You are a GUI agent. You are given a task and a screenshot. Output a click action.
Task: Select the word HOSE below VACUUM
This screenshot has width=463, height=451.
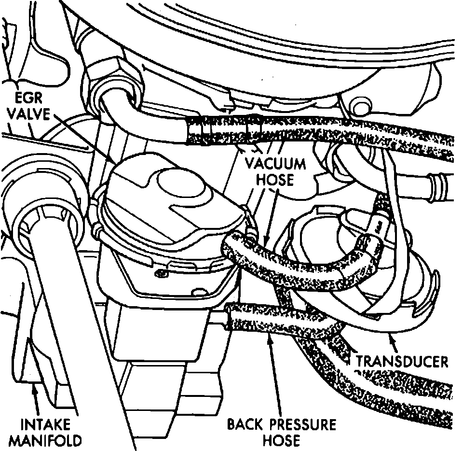click(x=275, y=180)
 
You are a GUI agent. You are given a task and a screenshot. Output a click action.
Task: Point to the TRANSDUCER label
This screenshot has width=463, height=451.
click(x=401, y=361)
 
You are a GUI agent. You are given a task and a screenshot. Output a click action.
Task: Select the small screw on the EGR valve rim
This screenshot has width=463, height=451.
click(x=160, y=273)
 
